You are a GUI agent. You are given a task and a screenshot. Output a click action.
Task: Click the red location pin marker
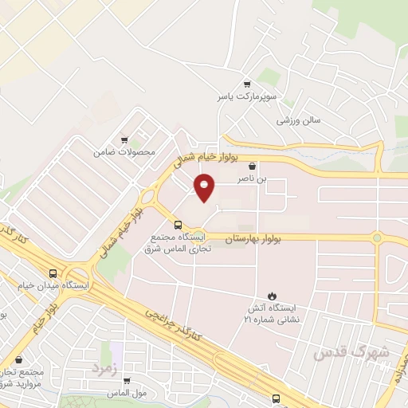[x=205, y=189]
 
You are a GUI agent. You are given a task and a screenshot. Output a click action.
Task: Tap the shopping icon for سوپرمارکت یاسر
[x=247, y=84]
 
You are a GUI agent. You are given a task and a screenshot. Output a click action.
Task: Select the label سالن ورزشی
[x=298, y=120]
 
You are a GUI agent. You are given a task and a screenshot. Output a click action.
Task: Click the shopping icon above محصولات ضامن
[x=124, y=139]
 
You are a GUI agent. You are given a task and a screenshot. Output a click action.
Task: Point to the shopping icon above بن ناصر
[x=253, y=167]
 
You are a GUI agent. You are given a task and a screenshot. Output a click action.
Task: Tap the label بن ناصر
[x=253, y=180]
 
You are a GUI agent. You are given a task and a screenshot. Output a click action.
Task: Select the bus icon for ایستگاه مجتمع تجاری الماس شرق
[x=178, y=224]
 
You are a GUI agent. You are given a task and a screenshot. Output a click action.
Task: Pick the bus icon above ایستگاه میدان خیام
[x=53, y=271]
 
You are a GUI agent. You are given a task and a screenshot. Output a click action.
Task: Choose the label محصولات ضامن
[x=124, y=151]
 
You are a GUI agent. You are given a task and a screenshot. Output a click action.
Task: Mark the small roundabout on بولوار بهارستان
[x=376, y=237]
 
